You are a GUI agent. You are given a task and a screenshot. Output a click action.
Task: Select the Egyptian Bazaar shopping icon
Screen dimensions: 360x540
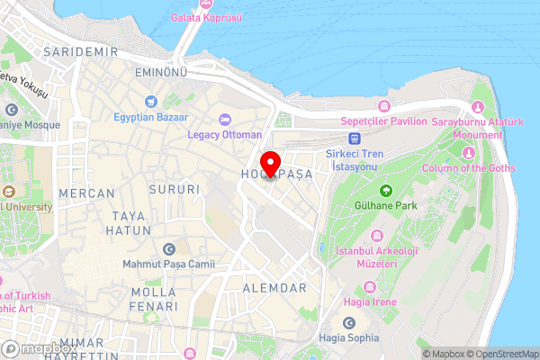pyautogui.click(x=152, y=102)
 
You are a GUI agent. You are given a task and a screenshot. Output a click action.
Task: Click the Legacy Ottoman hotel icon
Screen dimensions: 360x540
pyautogui.click(x=224, y=120)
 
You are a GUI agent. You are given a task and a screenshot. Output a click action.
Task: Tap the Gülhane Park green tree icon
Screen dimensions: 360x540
pyautogui.click(x=385, y=190)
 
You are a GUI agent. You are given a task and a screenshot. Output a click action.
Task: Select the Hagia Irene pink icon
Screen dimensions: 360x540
pyautogui.click(x=368, y=288)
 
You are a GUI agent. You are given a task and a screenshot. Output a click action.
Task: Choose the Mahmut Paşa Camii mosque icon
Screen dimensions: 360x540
pyautogui.click(x=168, y=249)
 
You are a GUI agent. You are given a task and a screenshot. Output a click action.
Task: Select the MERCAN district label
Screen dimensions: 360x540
pyautogui.click(x=86, y=193)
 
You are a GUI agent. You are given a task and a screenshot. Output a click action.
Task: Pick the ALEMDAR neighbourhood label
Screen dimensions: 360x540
pyautogui.click(x=274, y=288)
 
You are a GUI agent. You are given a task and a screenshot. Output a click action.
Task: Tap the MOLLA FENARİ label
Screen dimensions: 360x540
pyautogui.click(x=153, y=300)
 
